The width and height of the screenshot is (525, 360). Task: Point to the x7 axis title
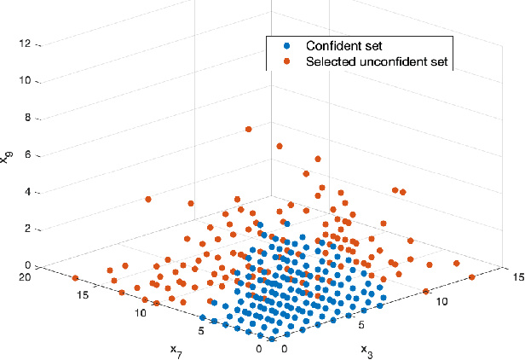tap(176, 349)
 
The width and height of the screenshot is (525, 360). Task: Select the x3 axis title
tap(366, 349)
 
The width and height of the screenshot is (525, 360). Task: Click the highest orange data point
tap(248, 129)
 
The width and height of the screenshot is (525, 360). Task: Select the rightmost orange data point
tap(471, 276)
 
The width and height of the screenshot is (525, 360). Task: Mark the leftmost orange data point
tap(75, 278)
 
